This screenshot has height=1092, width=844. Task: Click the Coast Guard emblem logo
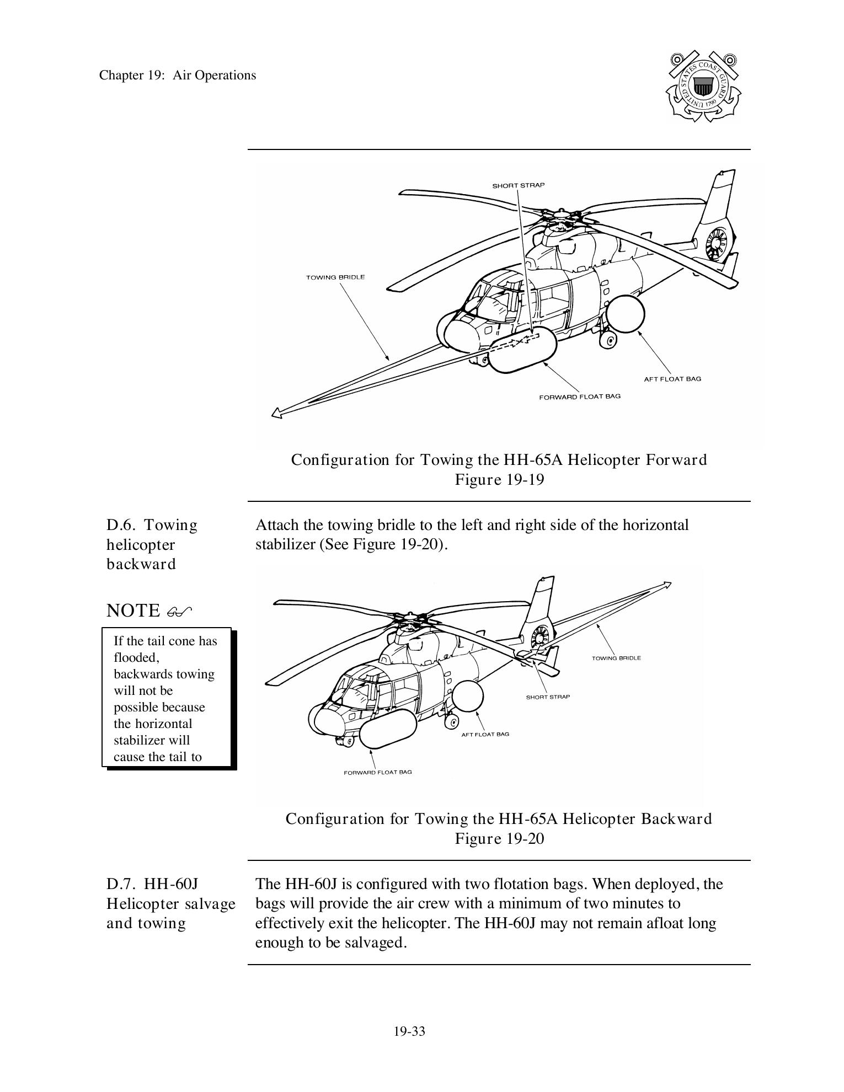[x=703, y=87]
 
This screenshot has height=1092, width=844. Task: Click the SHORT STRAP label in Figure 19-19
[x=518, y=185]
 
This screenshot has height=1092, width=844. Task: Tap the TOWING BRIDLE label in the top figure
[x=335, y=277]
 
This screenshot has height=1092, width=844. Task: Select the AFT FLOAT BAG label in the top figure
[x=672, y=379]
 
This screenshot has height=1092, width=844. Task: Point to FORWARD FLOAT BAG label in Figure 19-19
[x=579, y=397]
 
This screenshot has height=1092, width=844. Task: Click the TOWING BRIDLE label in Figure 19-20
[x=616, y=658]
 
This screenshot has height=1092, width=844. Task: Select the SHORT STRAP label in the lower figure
[x=547, y=697]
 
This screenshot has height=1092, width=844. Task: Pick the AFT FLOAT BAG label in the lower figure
[x=485, y=734]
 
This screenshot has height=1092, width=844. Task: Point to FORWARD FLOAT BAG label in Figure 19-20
[x=377, y=772]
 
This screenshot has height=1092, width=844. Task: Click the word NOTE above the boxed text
[x=132, y=611]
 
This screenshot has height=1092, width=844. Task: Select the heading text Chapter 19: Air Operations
[x=178, y=76]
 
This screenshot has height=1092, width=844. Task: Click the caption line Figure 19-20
[x=499, y=839]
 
